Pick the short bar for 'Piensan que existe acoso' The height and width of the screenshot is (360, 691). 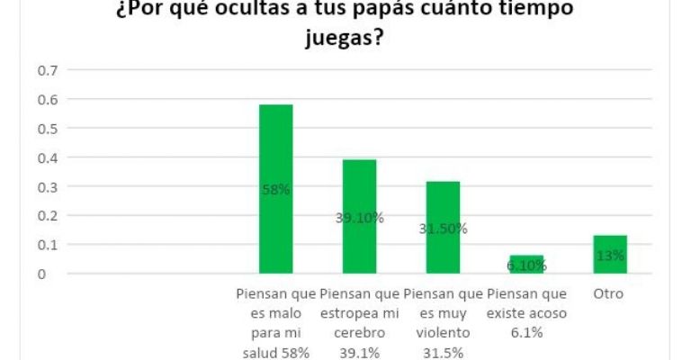(x=526, y=264)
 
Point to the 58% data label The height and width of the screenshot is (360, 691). (x=276, y=189)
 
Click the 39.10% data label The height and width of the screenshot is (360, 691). (x=360, y=217)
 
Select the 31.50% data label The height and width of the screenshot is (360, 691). (x=443, y=229)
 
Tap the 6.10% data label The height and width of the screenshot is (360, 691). (x=525, y=265)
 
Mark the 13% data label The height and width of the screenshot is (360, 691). (x=609, y=256)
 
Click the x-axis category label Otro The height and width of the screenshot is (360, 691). (x=608, y=293)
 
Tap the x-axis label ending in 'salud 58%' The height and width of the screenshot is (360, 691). (x=276, y=323)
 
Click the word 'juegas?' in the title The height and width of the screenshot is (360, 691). (x=345, y=39)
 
